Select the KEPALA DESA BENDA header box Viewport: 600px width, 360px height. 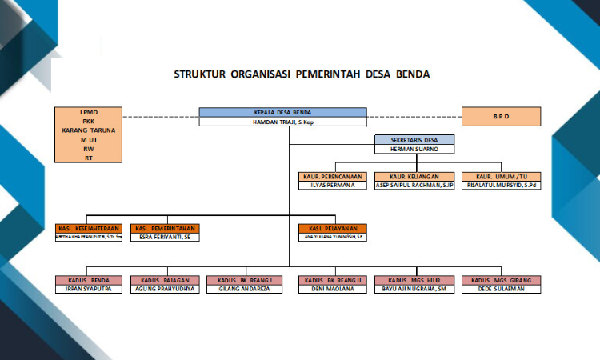tap(282, 112)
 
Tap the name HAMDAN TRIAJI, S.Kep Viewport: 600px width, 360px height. tap(282, 122)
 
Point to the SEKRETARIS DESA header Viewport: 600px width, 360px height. tap(414, 139)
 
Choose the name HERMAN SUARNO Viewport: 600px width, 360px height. tap(414, 149)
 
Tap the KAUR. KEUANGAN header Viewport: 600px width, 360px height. tap(414, 175)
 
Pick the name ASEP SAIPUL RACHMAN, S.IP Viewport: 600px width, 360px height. tap(414, 185)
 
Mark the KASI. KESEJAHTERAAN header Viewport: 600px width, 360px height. tap(88, 228)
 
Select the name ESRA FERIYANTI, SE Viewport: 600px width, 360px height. tap(165, 237)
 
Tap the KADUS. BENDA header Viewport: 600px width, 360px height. tap(88, 280)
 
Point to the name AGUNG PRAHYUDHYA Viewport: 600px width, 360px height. tap(165, 290)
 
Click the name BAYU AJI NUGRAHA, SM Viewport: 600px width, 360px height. tap(414, 290)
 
